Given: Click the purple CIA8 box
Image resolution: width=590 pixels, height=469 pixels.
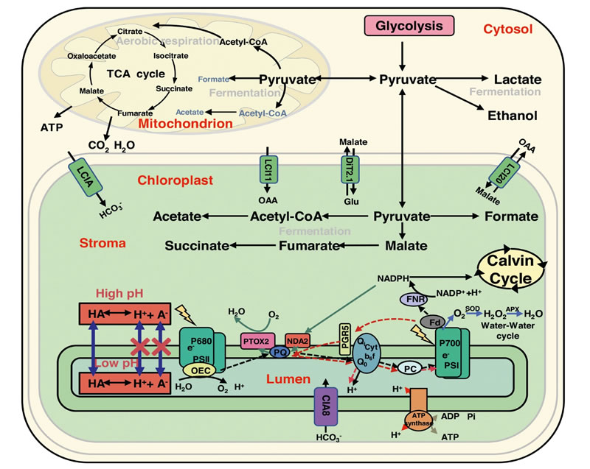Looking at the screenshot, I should click(x=324, y=406).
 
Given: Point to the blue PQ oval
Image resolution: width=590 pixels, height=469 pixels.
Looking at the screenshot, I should click(x=280, y=353).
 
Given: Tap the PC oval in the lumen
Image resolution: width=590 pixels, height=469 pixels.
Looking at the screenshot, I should click(x=409, y=367).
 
